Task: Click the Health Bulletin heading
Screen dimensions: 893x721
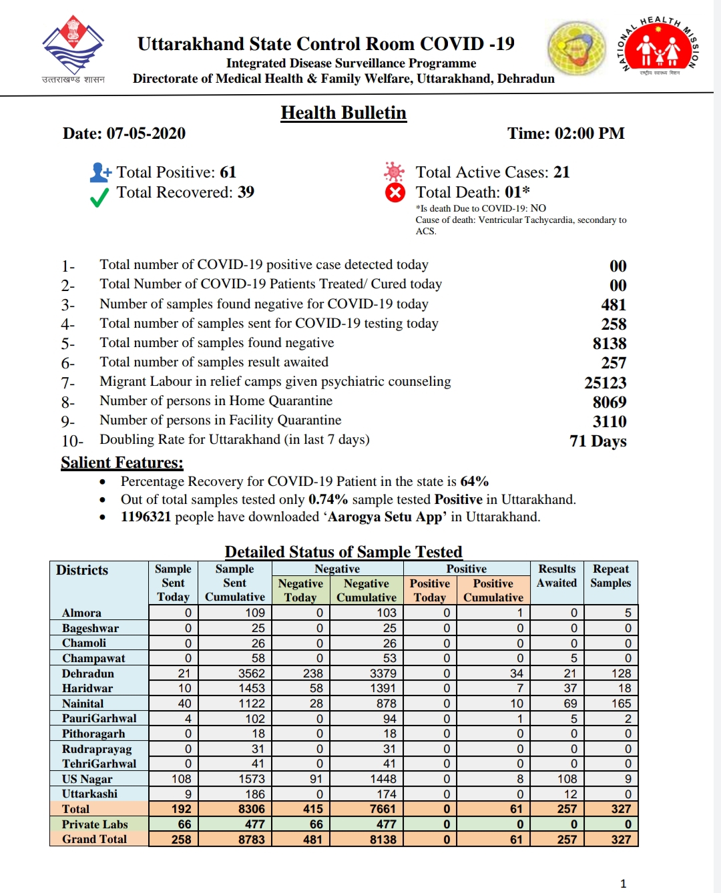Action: pos(343,113)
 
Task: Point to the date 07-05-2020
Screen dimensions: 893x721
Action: pos(146,133)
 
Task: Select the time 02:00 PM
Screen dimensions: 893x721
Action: pos(589,133)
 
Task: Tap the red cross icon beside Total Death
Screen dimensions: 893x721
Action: pos(395,193)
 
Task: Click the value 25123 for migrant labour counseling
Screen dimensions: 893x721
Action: pos(606,382)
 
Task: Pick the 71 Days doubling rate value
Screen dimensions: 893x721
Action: pos(598,441)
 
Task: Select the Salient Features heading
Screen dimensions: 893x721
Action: pos(122,463)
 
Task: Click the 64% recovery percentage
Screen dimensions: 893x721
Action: pos(474,481)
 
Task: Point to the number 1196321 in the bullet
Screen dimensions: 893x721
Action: pos(146,517)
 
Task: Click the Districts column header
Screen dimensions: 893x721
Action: pos(82,570)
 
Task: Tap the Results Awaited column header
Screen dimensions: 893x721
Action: pos(557,575)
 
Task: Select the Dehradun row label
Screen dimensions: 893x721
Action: pos(88,673)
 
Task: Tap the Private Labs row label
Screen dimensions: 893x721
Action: pos(95,824)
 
